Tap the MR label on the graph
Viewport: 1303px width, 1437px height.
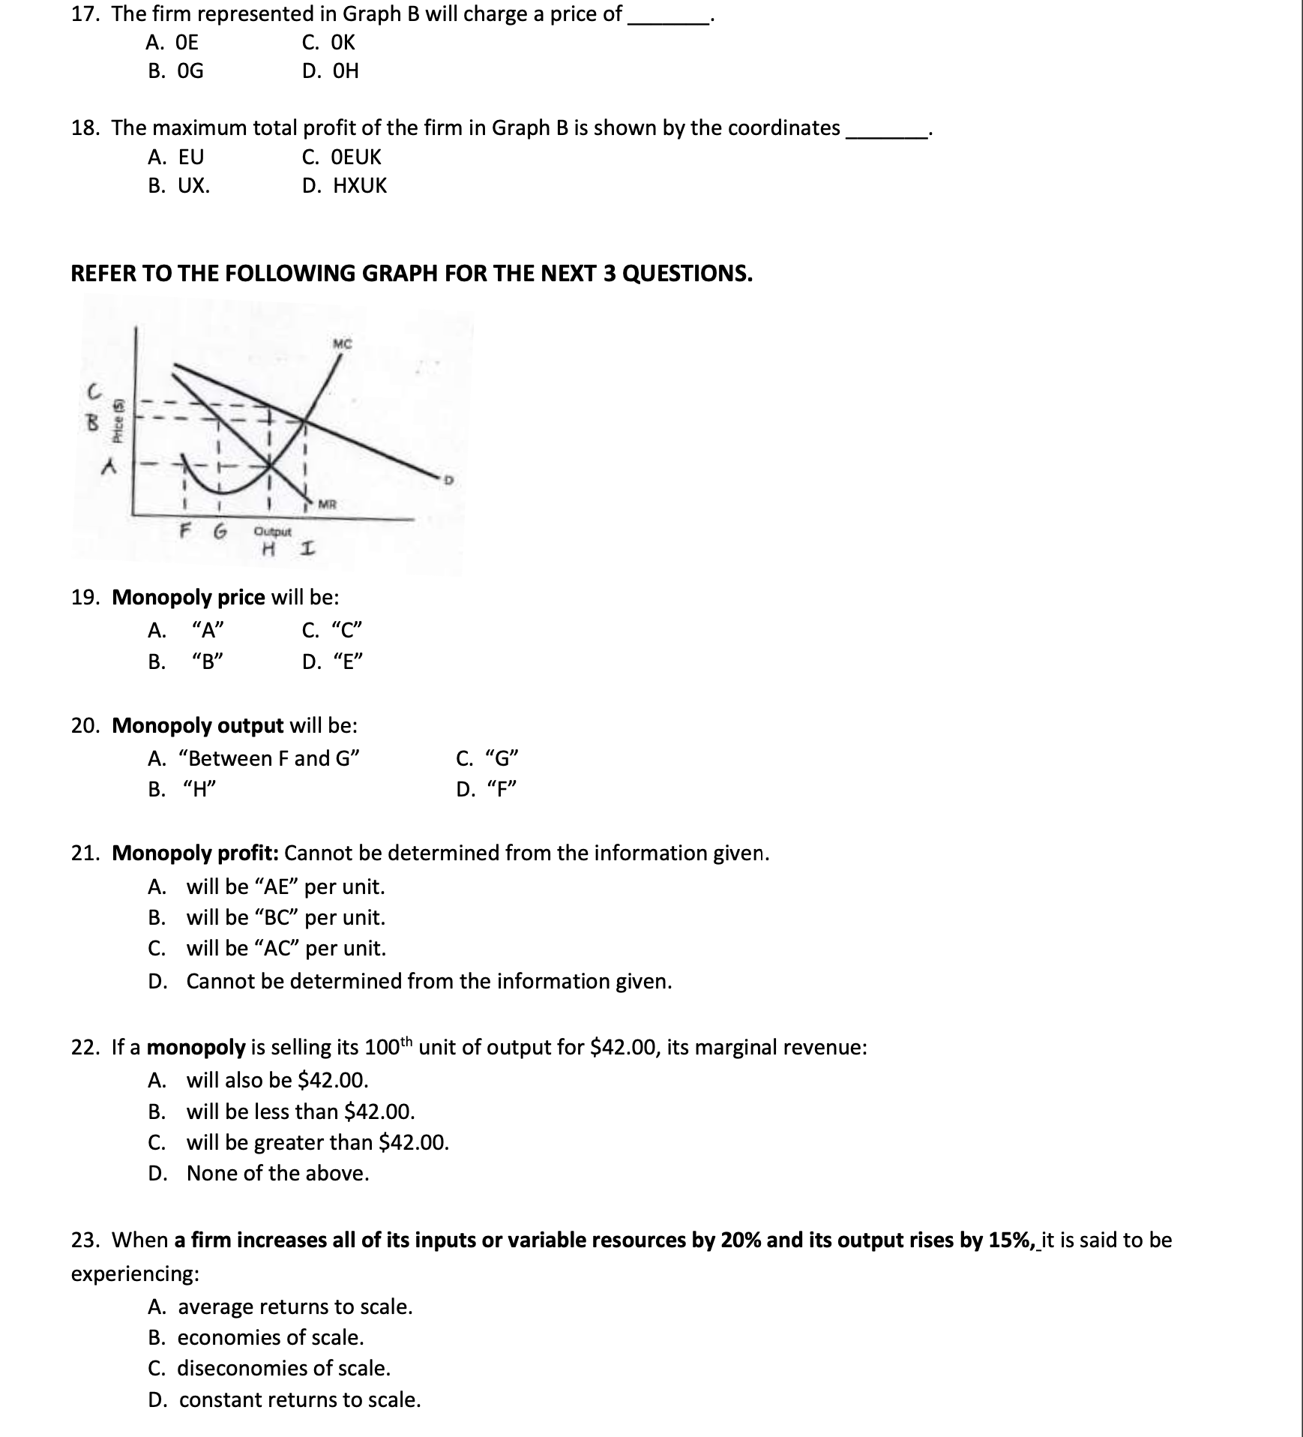click(326, 503)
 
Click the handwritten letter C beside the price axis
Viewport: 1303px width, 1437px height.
click(94, 391)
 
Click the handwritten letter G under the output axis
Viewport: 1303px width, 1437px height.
click(219, 532)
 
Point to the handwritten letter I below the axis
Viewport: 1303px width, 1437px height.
click(306, 550)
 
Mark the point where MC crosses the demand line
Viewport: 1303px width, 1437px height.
click(304, 421)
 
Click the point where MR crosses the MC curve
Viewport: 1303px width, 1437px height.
click(271, 466)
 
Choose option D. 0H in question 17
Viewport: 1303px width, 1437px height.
click(331, 71)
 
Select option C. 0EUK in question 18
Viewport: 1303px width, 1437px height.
click(342, 157)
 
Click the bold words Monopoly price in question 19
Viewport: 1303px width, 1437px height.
click(188, 598)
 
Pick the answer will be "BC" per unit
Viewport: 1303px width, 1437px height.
click(285, 918)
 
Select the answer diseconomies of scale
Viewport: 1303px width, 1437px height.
click(283, 1369)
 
